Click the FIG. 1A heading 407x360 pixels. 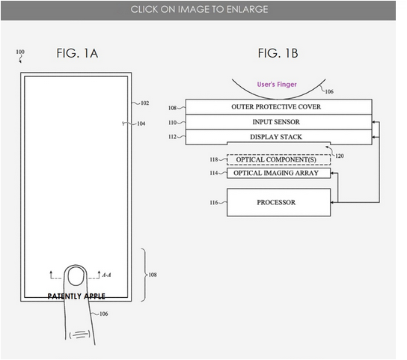click(77, 53)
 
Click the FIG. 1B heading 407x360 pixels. click(278, 53)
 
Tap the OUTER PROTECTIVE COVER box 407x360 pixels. click(278, 107)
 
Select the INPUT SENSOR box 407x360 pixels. click(278, 122)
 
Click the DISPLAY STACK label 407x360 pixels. click(276, 137)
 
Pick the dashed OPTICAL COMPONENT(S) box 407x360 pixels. click(278, 159)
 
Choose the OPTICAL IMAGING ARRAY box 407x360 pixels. click(278, 173)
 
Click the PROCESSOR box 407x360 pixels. click(278, 202)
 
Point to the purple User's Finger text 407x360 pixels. click(277, 85)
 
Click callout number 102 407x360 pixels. click(145, 103)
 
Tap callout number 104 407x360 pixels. click(141, 123)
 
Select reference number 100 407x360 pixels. click(20, 52)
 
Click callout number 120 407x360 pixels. click(340, 156)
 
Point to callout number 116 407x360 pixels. click(214, 203)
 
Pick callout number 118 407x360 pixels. click(214, 159)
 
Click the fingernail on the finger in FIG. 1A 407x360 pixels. click(76, 276)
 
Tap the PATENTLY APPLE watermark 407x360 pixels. click(76, 296)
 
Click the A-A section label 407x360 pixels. click(106, 275)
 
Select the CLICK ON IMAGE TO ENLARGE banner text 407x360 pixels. click(199, 10)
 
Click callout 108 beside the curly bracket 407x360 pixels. click(153, 275)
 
